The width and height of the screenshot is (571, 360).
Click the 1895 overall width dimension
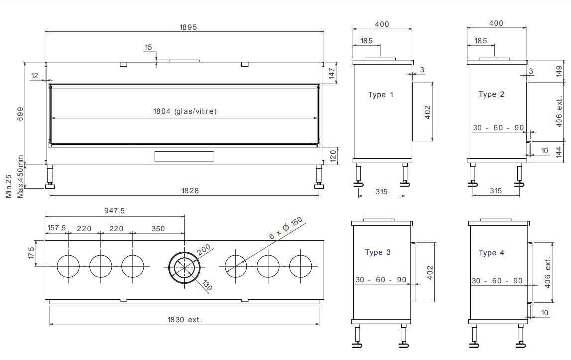[x=188, y=27]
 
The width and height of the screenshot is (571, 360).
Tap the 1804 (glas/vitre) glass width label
[x=185, y=111]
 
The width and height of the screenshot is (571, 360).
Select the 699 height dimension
[x=20, y=114]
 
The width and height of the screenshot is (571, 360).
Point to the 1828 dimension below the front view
[x=190, y=191]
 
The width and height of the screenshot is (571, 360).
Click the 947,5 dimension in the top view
[x=114, y=211]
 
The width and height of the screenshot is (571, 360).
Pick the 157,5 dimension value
[x=56, y=228]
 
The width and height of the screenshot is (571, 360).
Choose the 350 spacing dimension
[x=158, y=229]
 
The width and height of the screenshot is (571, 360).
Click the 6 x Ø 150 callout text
[x=286, y=228]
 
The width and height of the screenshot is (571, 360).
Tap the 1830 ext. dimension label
[x=185, y=320]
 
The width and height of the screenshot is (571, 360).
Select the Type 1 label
[x=380, y=95]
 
